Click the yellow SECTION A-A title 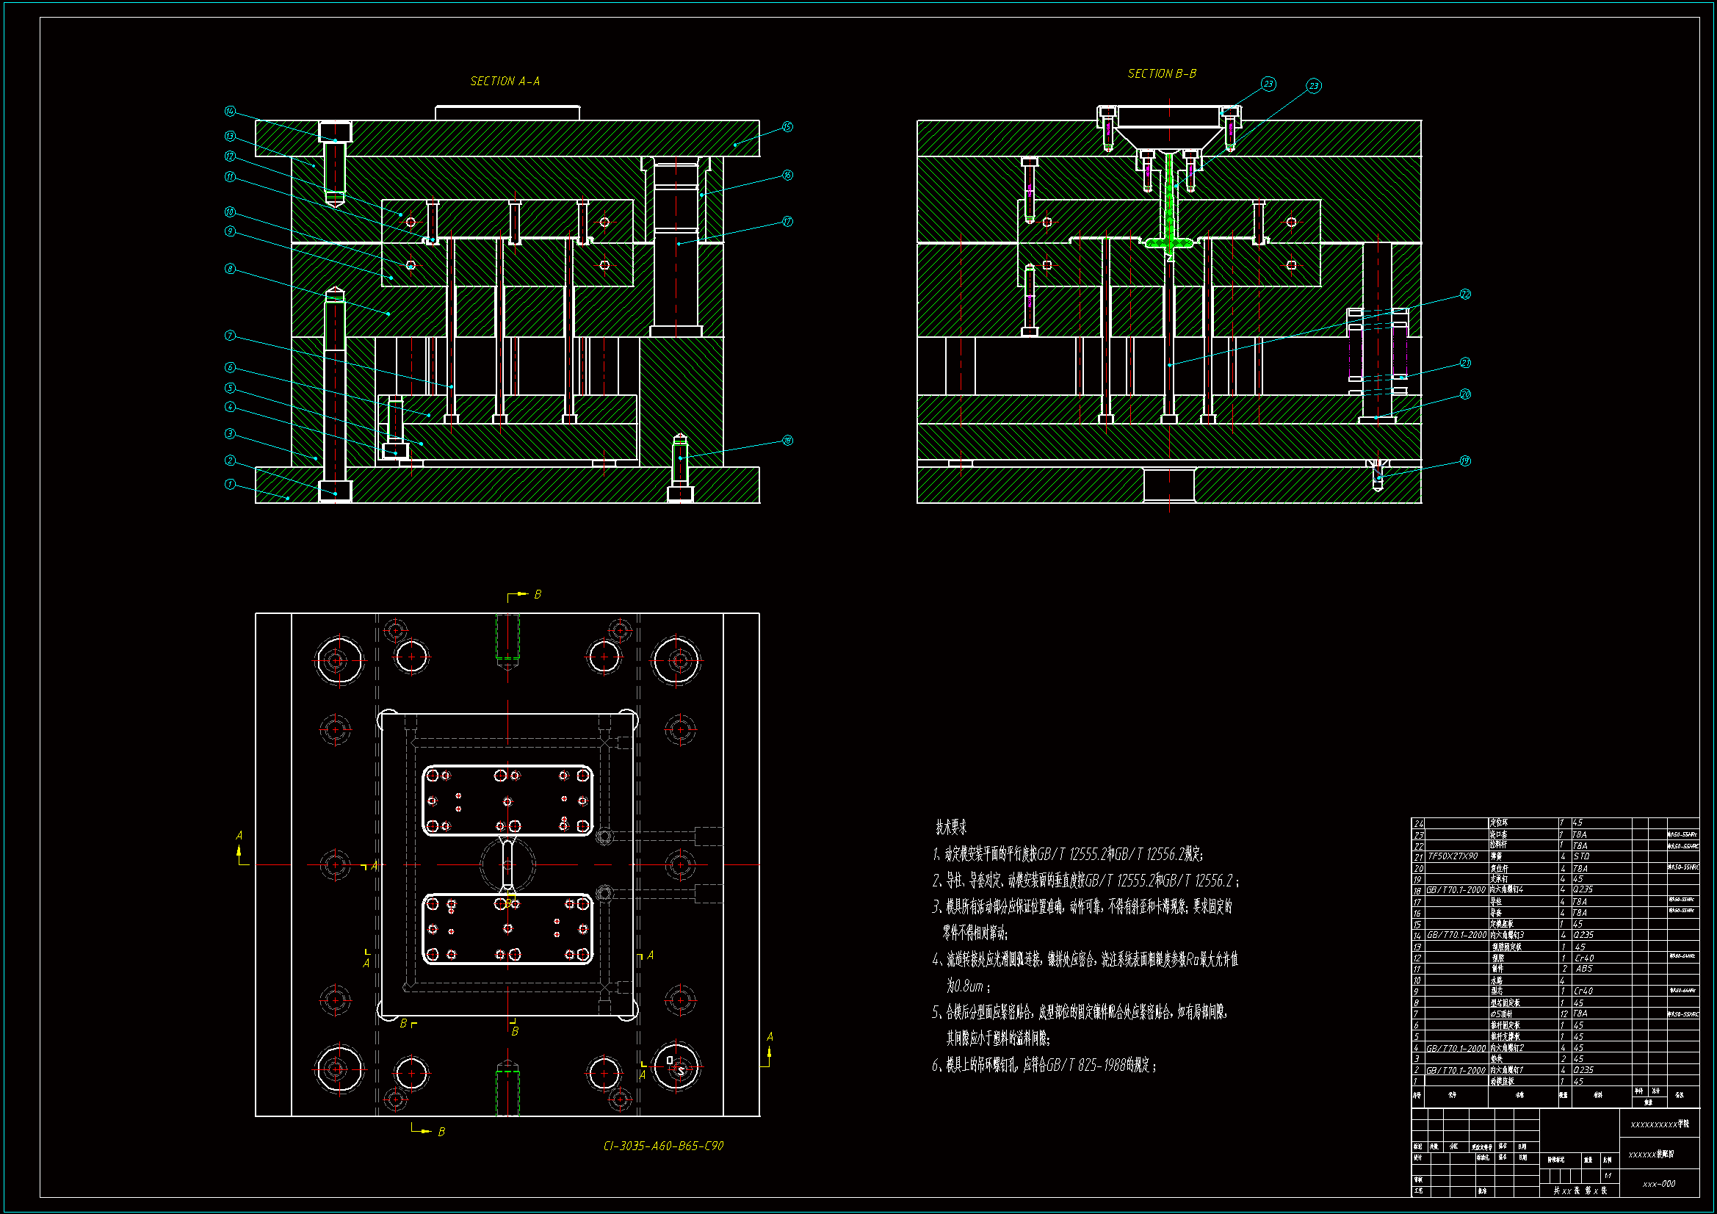(x=505, y=81)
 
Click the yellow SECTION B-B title (x=1161, y=73)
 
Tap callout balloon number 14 (x=230, y=111)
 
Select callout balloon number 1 (x=230, y=484)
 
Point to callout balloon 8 (x=230, y=269)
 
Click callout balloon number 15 (x=787, y=126)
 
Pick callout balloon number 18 (x=787, y=440)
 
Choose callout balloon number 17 (x=787, y=220)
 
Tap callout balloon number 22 (x=1465, y=294)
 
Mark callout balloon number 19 (x=1465, y=460)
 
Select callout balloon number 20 (x=1465, y=394)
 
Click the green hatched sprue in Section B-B (x=1170, y=202)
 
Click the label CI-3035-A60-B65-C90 (x=662, y=1146)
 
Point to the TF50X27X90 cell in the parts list (x=1453, y=856)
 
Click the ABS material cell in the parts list (x=1583, y=969)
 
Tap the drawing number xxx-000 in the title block (x=1659, y=1184)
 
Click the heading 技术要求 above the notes (x=950, y=827)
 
